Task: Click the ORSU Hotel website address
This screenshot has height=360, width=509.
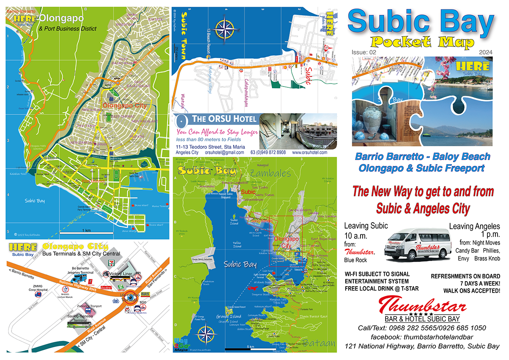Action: pyautogui.click(x=309, y=153)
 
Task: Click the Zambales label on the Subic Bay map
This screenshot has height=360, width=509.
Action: pyautogui.click(x=271, y=173)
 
